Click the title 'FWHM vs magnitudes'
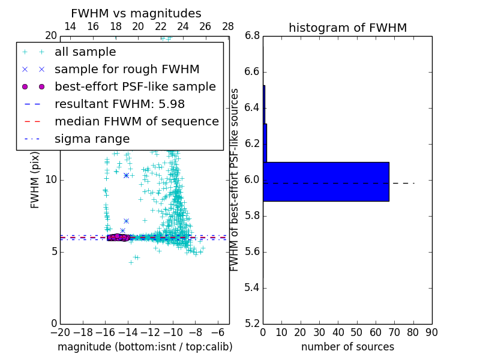(136, 14)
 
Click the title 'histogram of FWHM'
(347, 28)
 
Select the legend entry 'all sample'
(85, 52)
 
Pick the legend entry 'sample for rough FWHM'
(127, 70)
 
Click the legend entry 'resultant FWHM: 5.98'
(119, 104)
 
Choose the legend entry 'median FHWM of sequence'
(136, 122)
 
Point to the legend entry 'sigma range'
(92, 139)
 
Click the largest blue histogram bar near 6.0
(326, 182)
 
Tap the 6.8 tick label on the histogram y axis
(253, 36)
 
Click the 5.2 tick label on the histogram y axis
(253, 323)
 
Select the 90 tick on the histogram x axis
(431, 332)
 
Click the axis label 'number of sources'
(347, 347)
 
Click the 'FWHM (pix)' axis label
(35, 180)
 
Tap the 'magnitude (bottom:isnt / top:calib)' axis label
(145, 347)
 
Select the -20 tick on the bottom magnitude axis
(60, 332)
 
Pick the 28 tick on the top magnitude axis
(228, 27)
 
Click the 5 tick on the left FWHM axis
(53, 251)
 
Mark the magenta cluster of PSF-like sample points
(118, 238)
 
